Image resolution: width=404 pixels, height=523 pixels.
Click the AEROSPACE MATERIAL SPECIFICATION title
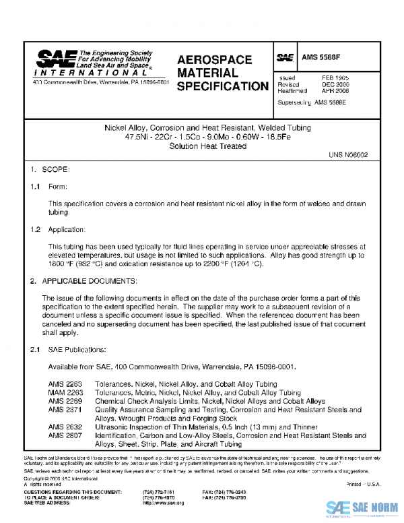(222, 73)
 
